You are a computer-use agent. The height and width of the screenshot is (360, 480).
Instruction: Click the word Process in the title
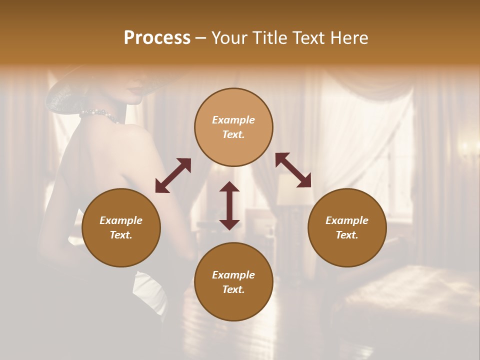[157, 38]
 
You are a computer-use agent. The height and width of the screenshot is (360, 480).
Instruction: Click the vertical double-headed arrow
[229, 205]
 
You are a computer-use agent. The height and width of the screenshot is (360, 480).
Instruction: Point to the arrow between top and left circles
[173, 175]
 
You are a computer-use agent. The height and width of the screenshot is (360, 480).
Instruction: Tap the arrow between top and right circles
[293, 170]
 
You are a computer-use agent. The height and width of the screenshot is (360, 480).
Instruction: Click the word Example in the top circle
[233, 120]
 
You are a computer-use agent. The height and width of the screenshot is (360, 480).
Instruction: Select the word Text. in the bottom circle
[233, 289]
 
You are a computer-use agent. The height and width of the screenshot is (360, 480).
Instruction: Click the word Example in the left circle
[121, 220]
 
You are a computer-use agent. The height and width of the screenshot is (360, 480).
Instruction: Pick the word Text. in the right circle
[347, 235]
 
